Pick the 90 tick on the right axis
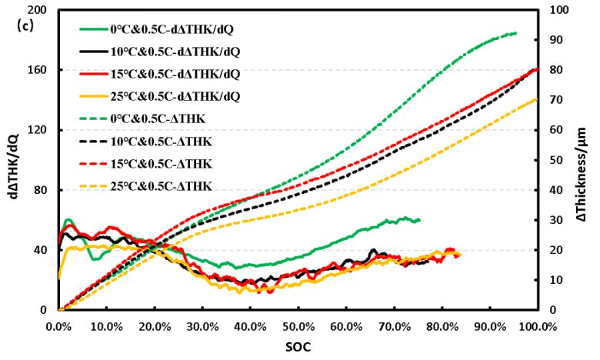(552, 40)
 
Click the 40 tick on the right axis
(552, 190)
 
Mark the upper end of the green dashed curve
(515, 33)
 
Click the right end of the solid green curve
(419, 220)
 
